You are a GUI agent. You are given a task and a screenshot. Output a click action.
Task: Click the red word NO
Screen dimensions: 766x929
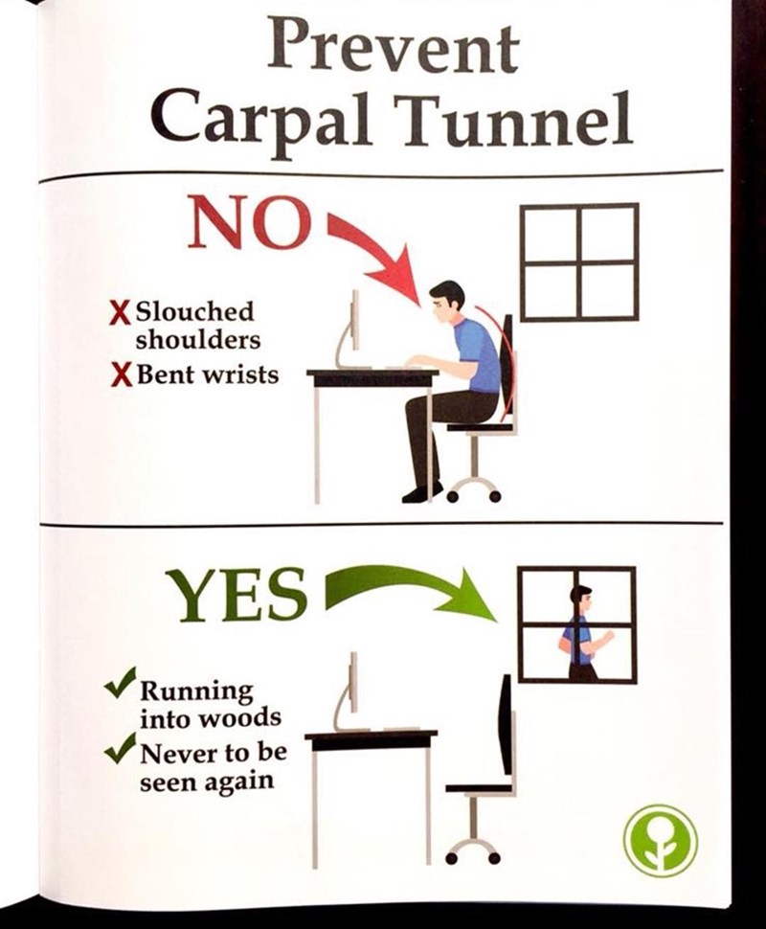coord(249,223)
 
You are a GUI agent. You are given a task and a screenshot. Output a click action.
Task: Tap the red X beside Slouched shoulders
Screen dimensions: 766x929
coord(121,311)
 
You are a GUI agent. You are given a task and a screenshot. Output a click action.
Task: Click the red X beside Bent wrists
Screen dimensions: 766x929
coord(121,375)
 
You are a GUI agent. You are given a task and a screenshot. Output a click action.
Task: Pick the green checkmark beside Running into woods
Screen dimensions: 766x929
coord(122,681)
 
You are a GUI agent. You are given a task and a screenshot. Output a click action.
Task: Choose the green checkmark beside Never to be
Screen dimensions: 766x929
coord(122,747)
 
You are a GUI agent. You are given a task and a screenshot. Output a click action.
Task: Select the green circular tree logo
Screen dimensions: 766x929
coord(661,840)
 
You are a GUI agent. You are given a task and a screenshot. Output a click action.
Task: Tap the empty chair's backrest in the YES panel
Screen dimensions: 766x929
coord(507,724)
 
